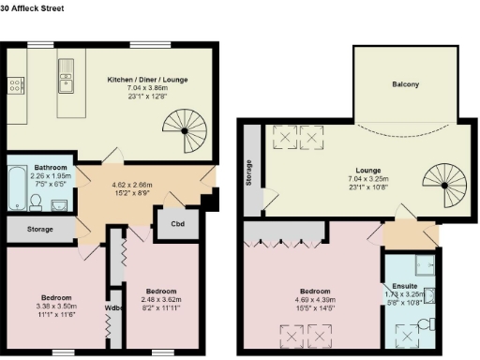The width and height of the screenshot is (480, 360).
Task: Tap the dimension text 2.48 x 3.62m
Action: pos(156,298)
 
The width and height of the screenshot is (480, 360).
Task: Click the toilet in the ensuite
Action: pos(425,325)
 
